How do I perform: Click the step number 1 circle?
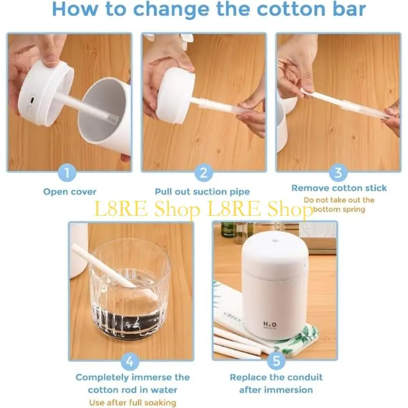(69, 173)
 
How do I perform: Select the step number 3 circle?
(338, 173)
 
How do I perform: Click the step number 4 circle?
(130, 362)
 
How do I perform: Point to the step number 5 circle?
(276, 362)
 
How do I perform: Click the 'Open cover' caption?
(69, 192)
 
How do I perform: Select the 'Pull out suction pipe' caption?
(202, 192)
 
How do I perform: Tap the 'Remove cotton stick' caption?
(339, 188)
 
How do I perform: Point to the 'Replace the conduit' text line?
(276, 377)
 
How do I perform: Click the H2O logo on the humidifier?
(270, 325)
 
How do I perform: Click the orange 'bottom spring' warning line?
(339, 209)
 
